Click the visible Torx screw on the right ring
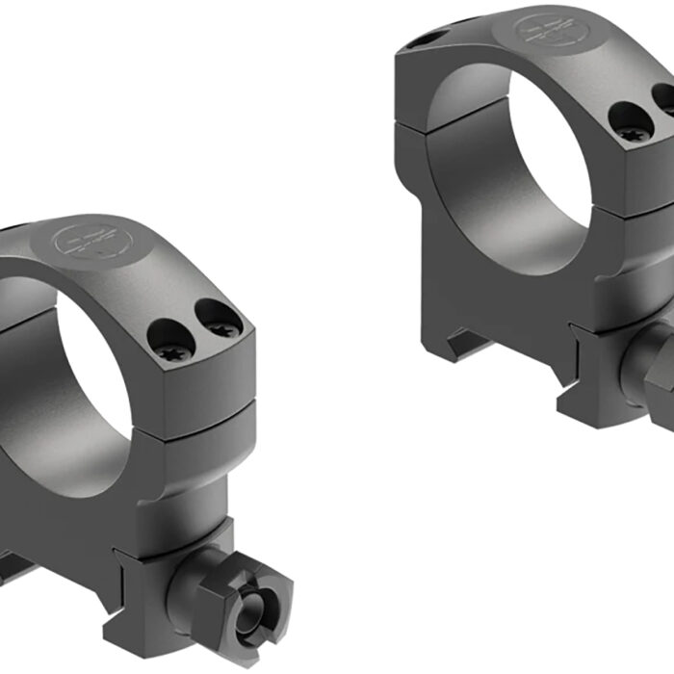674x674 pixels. point(632,128)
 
